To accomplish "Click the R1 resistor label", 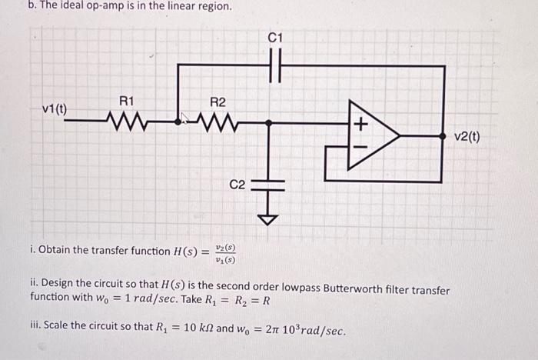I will [x=127, y=101].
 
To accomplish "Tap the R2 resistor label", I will [x=218, y=102].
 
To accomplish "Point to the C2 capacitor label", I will [x=237, y=185].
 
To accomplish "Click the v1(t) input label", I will [x=54, y=108].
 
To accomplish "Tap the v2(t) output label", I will [x=467, y=137].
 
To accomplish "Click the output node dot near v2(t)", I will [x=443, y=135].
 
